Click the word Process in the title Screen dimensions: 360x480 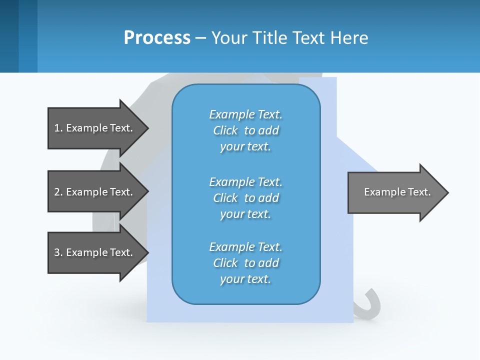tap(157, 38)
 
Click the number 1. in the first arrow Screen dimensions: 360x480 tap(58, 128)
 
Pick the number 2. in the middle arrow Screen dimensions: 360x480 tap(58, 192)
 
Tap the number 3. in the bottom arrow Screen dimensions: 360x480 tap(58, 252)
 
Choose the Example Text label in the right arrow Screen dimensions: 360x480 tap(397, 192)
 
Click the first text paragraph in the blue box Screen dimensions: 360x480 tap(245, 130)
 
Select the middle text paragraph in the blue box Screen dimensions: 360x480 tap(245, 198)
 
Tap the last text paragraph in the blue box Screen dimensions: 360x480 tap(245, 263)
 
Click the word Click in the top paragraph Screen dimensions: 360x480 tap(225, 130)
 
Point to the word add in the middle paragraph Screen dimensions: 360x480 tap(269, 198)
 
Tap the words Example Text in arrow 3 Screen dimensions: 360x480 tap(99, 252)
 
